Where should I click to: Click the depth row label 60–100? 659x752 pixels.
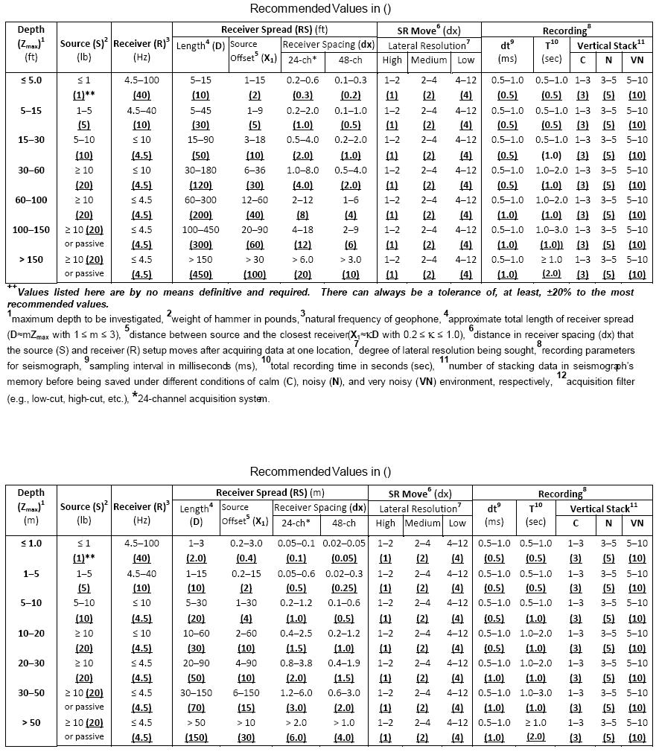click(x=31, y=200)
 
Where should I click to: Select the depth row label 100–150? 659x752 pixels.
click(x=31, y=229)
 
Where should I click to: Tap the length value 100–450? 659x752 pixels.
click(x=200, y=229)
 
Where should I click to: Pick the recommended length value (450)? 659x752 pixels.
click(x=200, y=274)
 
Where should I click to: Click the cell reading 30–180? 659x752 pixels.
click(x=200, y=170)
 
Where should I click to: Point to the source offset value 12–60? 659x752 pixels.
click(x=255, y=200)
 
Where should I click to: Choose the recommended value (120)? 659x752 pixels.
click(x=200, y=185)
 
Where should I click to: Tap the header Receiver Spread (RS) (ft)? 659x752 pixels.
click(x=274, y=29)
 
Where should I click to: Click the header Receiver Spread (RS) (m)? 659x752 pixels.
click(x=270, y=492)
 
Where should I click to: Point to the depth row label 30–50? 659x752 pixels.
click(x=31, y=692)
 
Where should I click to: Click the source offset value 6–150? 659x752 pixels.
click(x=246, y=692)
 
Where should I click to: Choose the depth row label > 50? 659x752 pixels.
click(x=31, y=722)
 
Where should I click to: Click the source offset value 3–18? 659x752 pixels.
click(x=255, y=140)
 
